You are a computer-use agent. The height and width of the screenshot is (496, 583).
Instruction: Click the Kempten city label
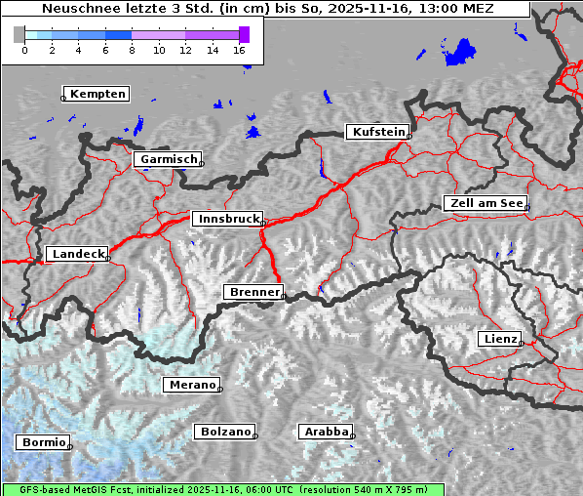tap(97, 94)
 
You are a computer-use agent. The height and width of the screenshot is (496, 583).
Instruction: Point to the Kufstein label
tap(377, 132)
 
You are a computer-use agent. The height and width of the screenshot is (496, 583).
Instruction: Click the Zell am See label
tap(486, 203)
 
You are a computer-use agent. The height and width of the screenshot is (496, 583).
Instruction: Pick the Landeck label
tap(78, 254)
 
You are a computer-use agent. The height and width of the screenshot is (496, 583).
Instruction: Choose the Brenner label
tap(254, 292)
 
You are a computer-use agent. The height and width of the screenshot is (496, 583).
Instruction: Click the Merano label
tap(192, 385)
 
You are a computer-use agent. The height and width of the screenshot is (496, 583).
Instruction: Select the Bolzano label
tap(225, 432)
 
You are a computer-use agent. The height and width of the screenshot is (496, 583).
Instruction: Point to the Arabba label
tap(326, 432)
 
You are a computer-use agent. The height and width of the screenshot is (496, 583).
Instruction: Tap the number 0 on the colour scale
tap(23, 50)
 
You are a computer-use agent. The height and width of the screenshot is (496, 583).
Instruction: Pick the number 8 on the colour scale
tap(132, 50)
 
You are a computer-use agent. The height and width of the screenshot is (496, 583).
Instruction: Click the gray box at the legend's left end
tap(19, 34)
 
